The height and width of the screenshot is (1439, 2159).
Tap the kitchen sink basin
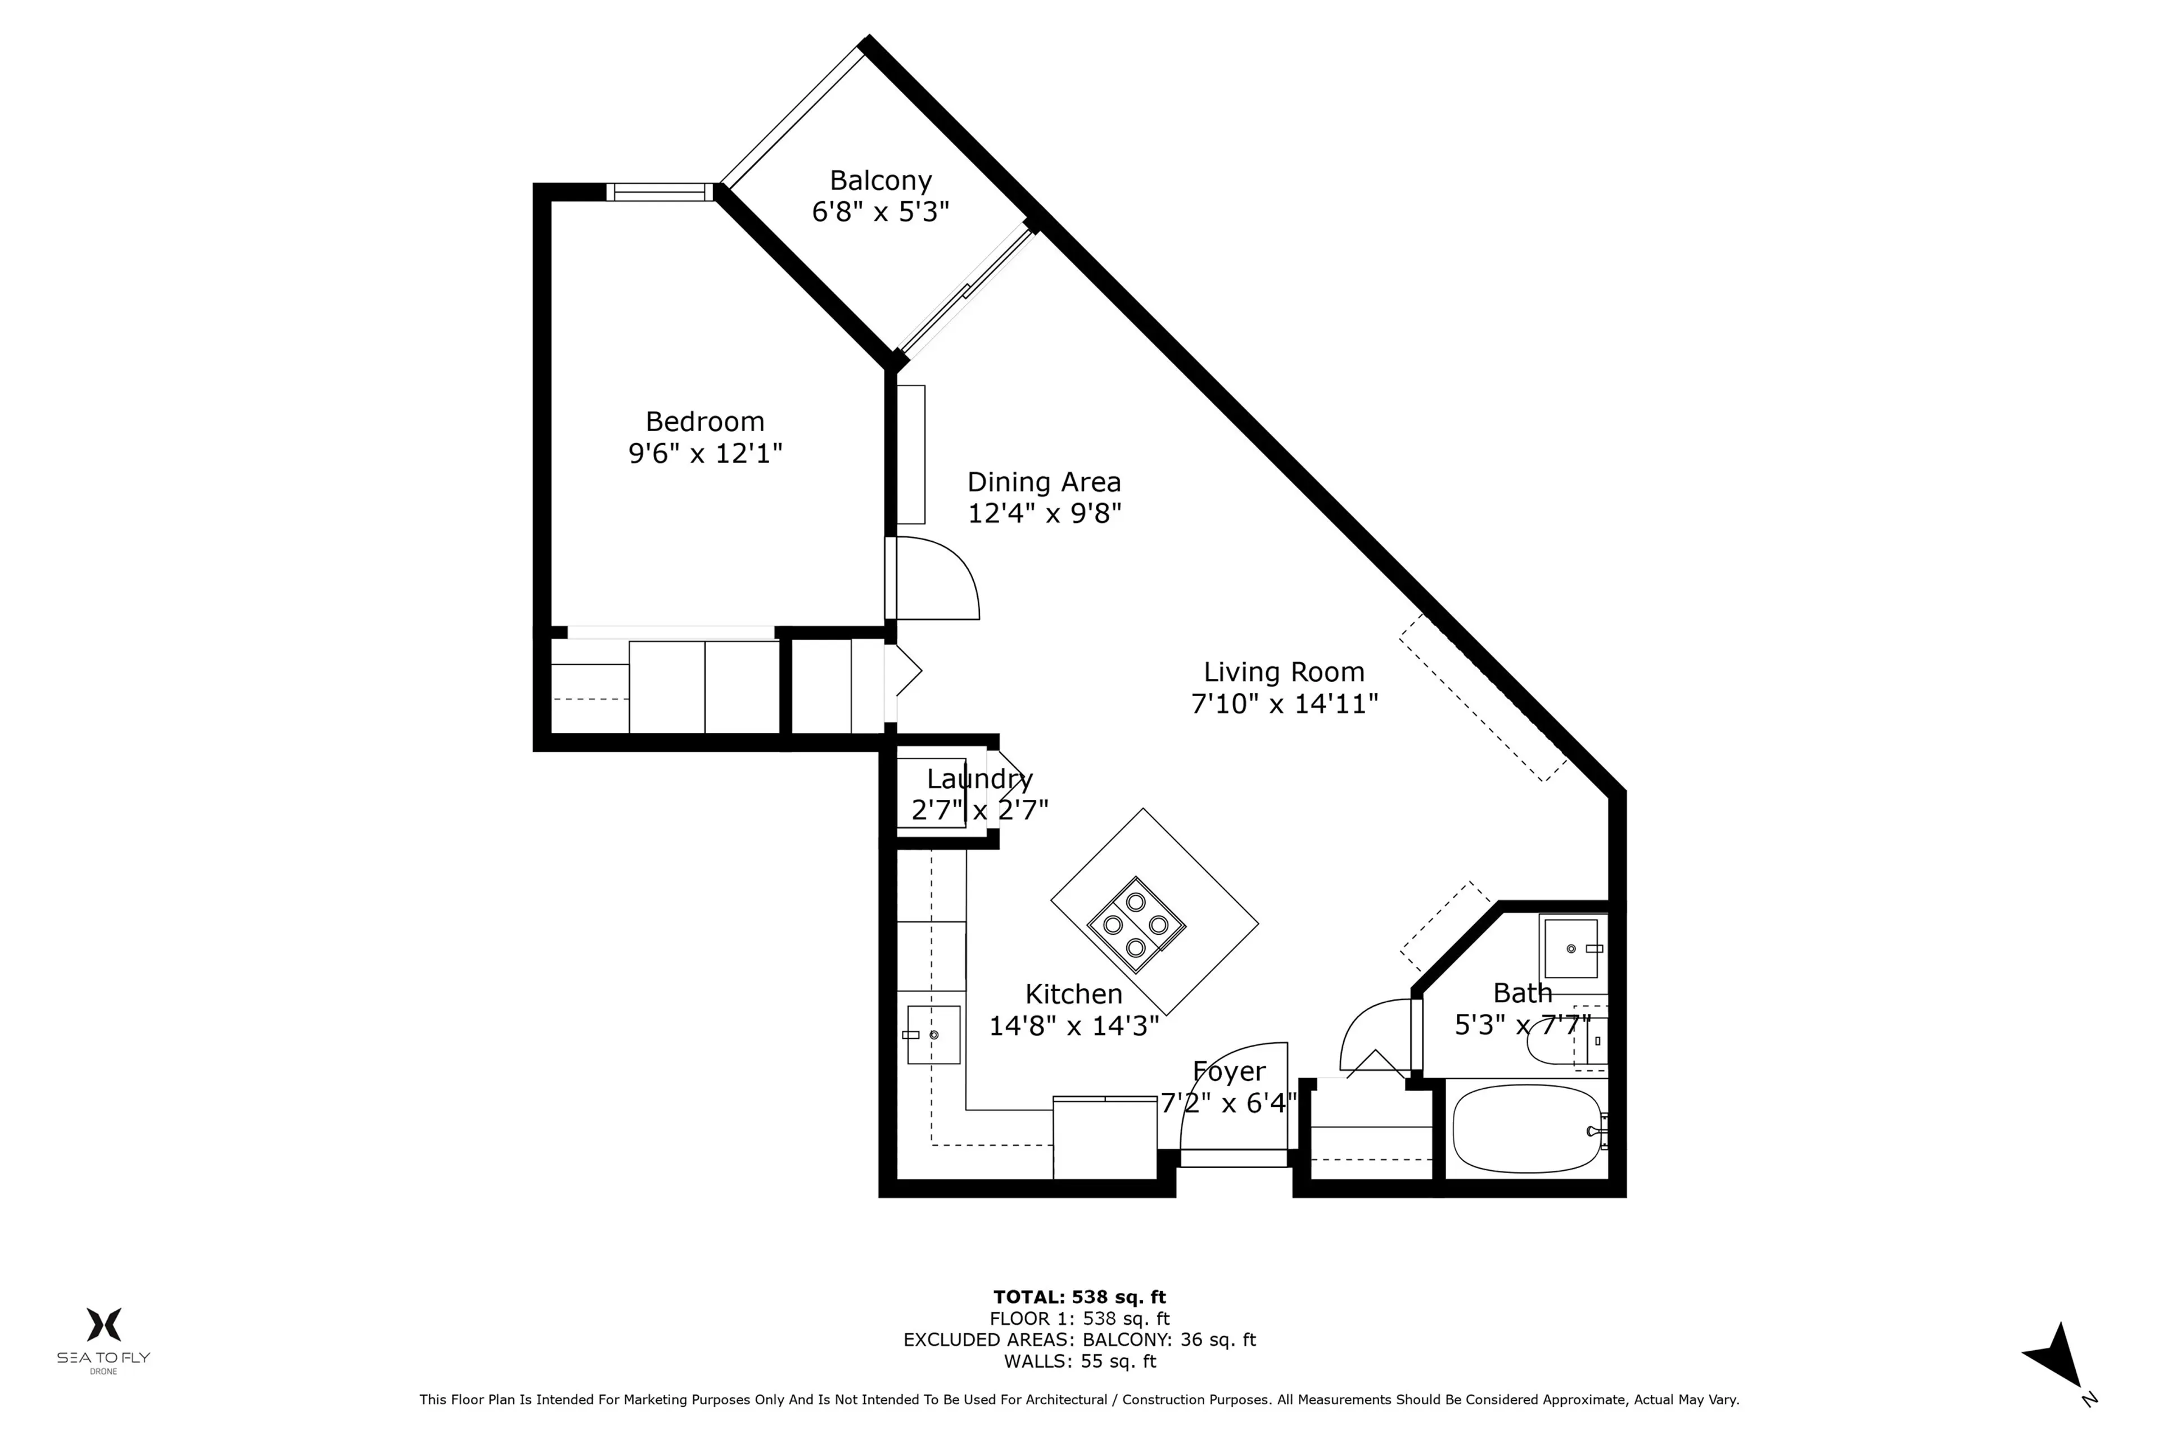click(933, 1034)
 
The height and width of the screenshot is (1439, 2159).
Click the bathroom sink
click(1570, 948)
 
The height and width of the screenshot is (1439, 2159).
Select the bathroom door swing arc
click(1372, 1033)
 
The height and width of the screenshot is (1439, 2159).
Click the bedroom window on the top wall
click(659, 192)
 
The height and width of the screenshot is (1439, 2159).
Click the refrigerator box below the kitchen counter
click(1104, 1138)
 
